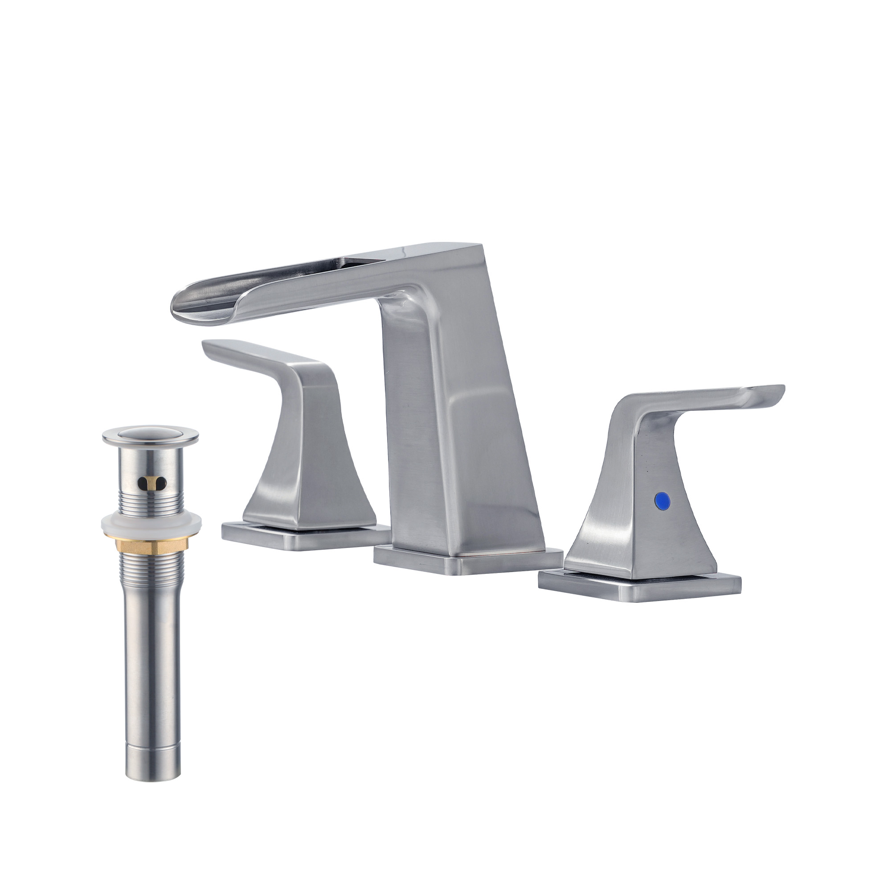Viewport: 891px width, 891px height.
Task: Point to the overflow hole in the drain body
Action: pos(150,483)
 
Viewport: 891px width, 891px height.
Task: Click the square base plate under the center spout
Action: pos(468,562)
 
